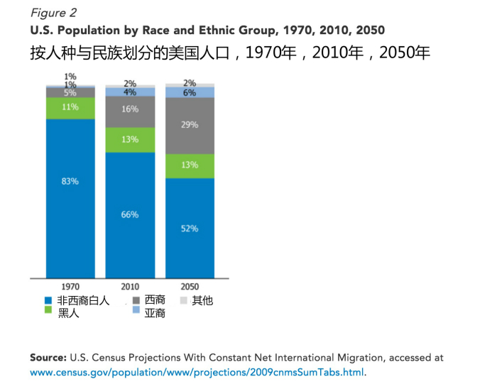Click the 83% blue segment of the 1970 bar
coord(70,197)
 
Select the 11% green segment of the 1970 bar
coord(70,108)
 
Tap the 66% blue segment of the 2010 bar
coord(130,214)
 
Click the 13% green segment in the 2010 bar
coord(130,140)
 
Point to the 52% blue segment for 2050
coord(190,228)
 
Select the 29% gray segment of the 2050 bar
coord(190,125)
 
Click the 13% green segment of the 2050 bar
coord(190,165)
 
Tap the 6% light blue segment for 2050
coord(190,92)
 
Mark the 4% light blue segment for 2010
coord(130,92)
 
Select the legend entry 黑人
coord(68,312)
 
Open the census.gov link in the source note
coord(197,371)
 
